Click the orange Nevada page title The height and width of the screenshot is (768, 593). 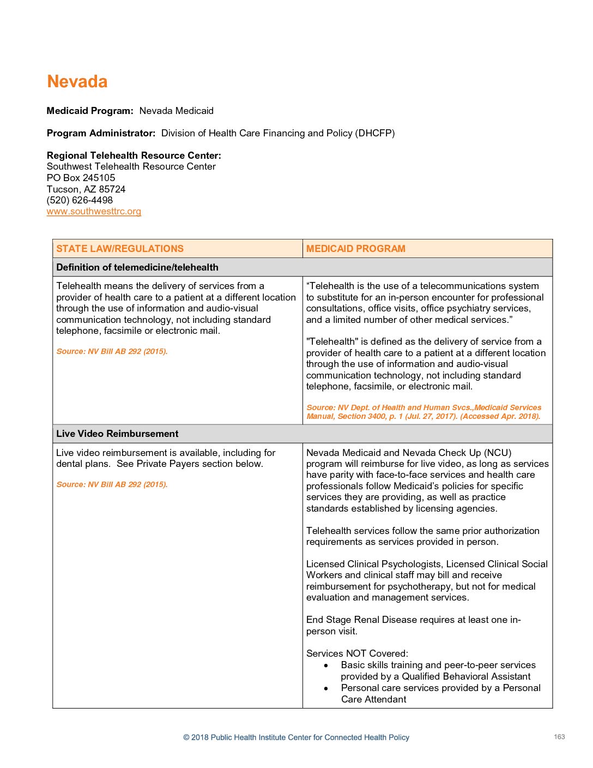click(x=77, y=82)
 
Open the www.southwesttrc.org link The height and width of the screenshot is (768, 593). click(x=94, y=212)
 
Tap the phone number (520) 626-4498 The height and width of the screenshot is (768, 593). click(x=80, y=200)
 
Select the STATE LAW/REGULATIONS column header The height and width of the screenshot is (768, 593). click(x=120, y=249)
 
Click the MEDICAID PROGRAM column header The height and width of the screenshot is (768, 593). click(x=355, y=249)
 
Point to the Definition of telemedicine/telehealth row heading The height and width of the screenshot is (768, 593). click(x=137, y=267)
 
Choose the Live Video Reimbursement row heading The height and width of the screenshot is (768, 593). click(x=117, y=434)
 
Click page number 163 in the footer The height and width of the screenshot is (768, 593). click(x=559, y=737)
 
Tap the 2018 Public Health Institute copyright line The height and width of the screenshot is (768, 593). click(x=296, y=737)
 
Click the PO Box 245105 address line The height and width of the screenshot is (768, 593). click(x=81, y=178)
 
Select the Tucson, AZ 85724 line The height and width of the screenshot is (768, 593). click(x=86, y=189)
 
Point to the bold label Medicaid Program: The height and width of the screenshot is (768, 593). click(x=90, y=111)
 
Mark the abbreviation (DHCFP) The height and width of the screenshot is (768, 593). click(x=376, y=133)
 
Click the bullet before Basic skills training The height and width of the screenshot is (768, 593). click(x=326, y=665)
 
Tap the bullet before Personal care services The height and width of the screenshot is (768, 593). click(x=326, y=688)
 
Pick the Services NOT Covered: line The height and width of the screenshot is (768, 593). click(x=357, y=653)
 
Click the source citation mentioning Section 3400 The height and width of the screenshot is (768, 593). click(x=423, y=412)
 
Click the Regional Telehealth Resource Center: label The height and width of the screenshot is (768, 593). click(x=134, y=155)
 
